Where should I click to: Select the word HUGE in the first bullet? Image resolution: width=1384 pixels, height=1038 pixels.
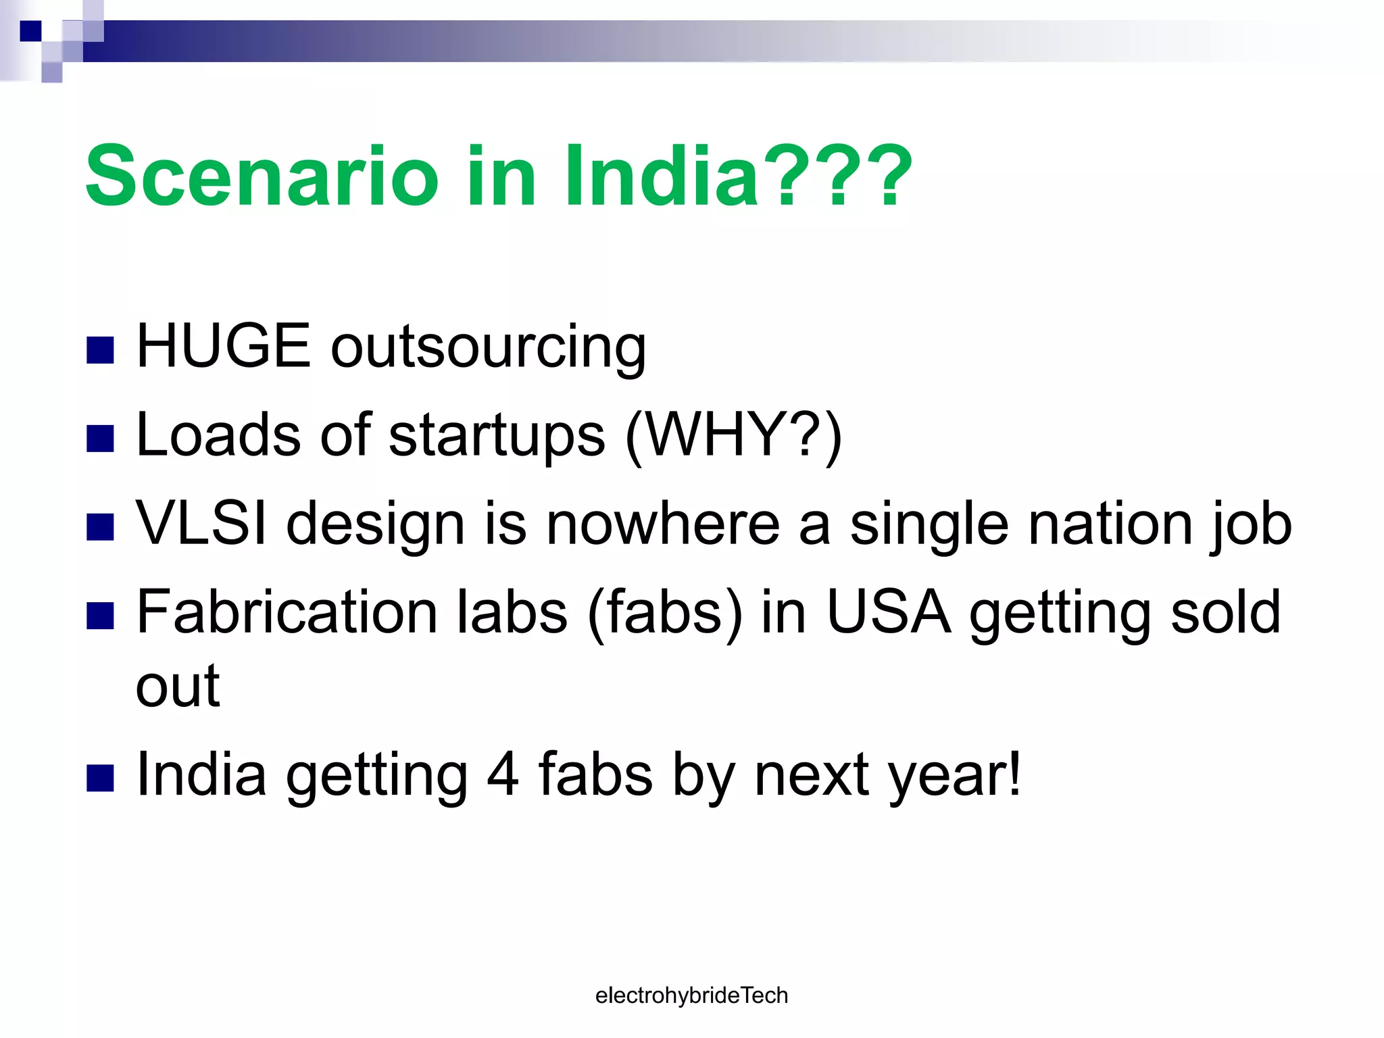pyautogui.click(x=223, y=346)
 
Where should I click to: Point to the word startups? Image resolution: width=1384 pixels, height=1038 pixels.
pyautogui.click(x=497, y=436)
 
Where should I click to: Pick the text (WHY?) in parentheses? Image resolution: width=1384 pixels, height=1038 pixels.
pyautogui.click(x=734, y=436)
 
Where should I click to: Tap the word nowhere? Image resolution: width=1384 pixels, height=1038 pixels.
pyautogui.click(x=662, y=524)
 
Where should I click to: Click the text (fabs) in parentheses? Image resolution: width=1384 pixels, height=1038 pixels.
pyautogui.click(x=665, y=612)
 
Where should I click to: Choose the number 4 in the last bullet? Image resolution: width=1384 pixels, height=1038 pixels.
pyautogui.click(x=503, y=774)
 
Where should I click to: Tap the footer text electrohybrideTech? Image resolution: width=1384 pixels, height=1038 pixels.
pyautogui.click(x=691, y=995)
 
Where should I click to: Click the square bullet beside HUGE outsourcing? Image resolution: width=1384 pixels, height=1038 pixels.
pyautogui.click(x=100, y=350)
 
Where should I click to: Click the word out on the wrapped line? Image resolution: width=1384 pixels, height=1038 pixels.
pyautogui.click(x=178, y=687)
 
